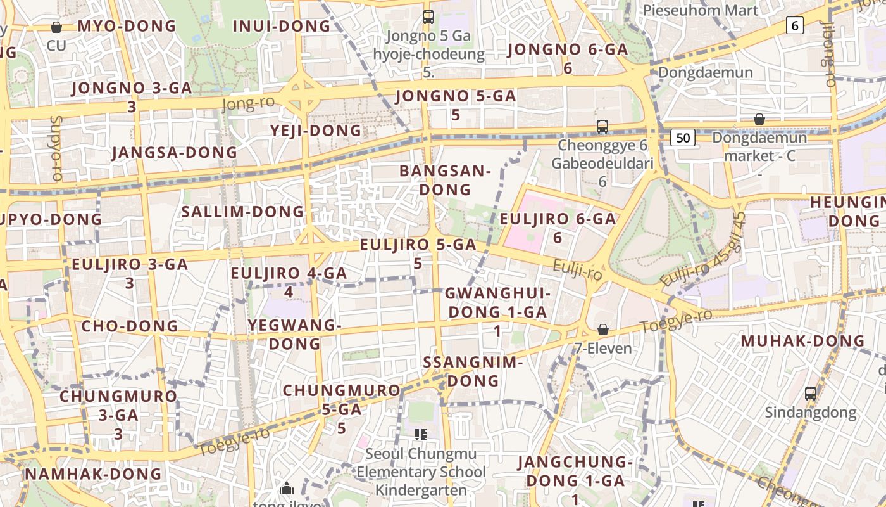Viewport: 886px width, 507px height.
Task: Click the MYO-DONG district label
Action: click(x=127, y=26)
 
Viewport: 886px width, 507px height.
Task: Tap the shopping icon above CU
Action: click(x=56, y=27)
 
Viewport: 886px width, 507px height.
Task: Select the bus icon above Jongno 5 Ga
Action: click(x=428, y=17)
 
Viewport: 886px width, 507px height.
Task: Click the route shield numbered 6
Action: click(x=795, y=25)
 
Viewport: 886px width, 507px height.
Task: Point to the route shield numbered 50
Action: click(x=683, y=138)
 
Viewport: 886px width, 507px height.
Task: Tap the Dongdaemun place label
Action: click(x=706, y=72)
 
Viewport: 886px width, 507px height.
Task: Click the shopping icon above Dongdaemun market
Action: click(x=759, y=119)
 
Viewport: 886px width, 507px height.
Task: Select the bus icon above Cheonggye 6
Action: click(x=602, y=127)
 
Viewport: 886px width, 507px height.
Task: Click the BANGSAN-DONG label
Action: click(x=446, y=180)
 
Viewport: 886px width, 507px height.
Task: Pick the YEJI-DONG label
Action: click(x=316, y=131)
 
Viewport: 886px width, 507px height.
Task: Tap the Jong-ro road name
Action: click(x=248, y=103)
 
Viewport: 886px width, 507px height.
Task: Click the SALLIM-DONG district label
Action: click(x=243, y=212)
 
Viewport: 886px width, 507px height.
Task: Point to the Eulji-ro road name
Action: click(x=577, y=271)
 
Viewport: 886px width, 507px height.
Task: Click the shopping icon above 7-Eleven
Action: click(x=603, y=330)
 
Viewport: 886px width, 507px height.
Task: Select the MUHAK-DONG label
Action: click(x=802, y=341)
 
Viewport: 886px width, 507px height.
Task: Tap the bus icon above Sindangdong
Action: click(x=810, y=394)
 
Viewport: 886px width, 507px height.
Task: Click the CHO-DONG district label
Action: click(x=130, y=326)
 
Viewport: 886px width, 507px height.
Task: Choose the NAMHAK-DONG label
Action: click(x=94, y=474)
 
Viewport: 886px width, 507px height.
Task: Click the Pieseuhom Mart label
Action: click(x=701, y=10)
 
